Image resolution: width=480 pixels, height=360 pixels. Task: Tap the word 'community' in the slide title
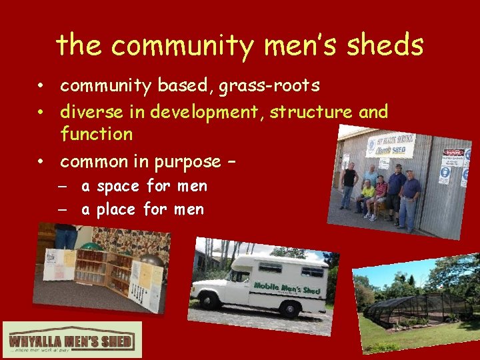click(x=178, y=45)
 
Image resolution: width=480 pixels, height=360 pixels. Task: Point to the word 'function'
click(x=96, y=134)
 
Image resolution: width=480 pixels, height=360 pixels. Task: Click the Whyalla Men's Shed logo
click(x=72, y=341)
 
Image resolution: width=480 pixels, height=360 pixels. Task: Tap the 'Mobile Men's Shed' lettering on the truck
click(x=287, y=288)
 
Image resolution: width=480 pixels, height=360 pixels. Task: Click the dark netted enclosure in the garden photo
click(x=413, y=306)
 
